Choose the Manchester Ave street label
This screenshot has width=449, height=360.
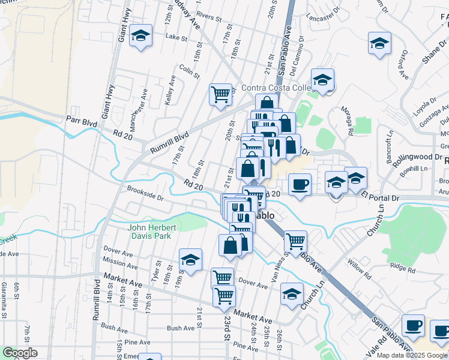pyautogui.click(x=145, y=102)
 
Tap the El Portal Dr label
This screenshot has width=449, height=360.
pyautogui.click(x=381, y=197)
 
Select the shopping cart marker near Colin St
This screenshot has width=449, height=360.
pyautogui.click(x=221, y=94)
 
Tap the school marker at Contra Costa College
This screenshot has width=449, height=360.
pyautogui.click(x=322, y=79)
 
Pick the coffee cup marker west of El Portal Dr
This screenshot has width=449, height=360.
pyautogui.click(x=300, y=184)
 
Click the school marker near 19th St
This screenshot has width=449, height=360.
pyautogui.click(x=190, y=259)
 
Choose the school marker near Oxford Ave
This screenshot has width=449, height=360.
pyautogui.click(x=380, y=43)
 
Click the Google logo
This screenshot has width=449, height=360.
pyautogui.click(x=20, y=353)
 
